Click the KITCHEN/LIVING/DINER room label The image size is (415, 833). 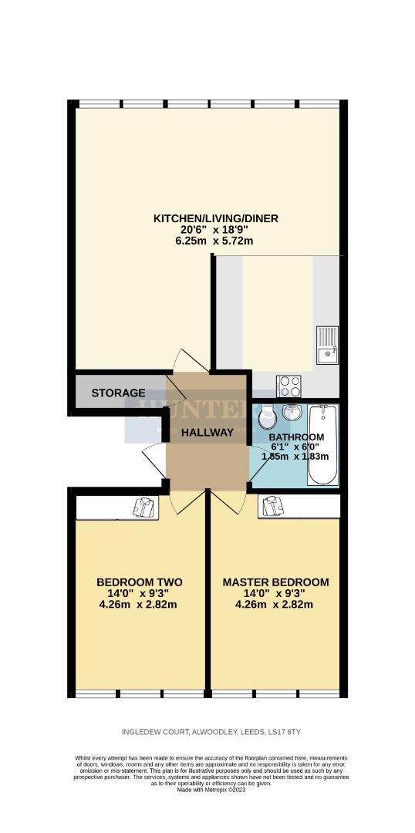pos(215,218)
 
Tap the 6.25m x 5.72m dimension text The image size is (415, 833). pos(215,241)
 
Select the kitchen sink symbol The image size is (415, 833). pos(326,345)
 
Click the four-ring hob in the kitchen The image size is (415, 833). pos(288,383)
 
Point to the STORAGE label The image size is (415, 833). pos(118,393)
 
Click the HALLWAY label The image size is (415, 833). pos(207,433)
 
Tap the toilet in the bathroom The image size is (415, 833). pos(265,417)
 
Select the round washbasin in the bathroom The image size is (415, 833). pos(293,413)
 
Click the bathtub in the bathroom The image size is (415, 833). pos(322,445)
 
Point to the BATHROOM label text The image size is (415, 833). pos(296,437)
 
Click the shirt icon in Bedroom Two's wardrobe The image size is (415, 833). pos(144,506)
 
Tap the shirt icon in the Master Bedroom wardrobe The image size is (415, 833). pos(272,506)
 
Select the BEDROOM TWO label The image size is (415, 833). pos(139,582)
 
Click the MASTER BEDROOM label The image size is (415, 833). pos(275,582)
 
